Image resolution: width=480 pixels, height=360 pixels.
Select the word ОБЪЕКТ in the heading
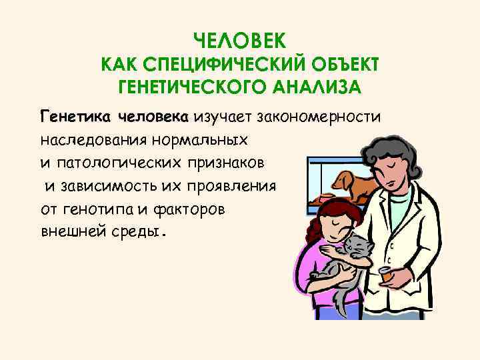[x=346, y=65]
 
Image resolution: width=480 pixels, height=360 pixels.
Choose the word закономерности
[x=324, y=117]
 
